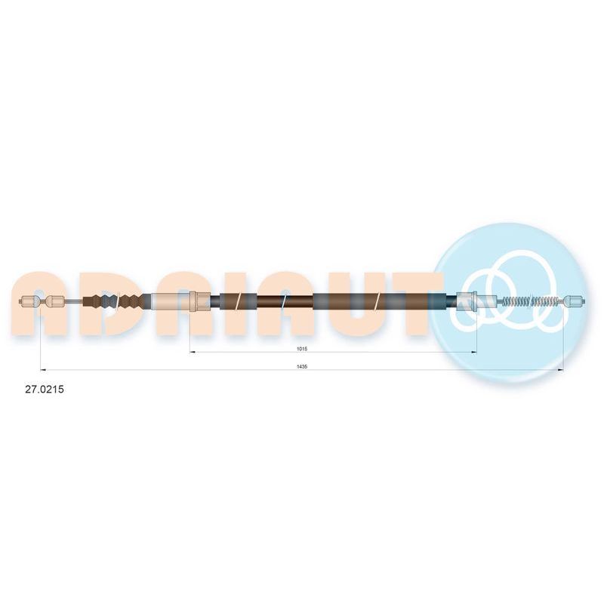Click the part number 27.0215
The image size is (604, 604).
click(45, 390)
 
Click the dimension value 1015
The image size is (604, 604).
click(301, 349)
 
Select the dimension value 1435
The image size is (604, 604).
click(301, 367)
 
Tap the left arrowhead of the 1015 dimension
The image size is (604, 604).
click(193, 352)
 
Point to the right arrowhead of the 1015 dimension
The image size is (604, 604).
click(474, 352)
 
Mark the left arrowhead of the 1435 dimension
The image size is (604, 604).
click(43, 370)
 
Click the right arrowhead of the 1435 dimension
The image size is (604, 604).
click(561, 370)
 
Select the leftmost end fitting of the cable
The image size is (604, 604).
click(29, 300)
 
